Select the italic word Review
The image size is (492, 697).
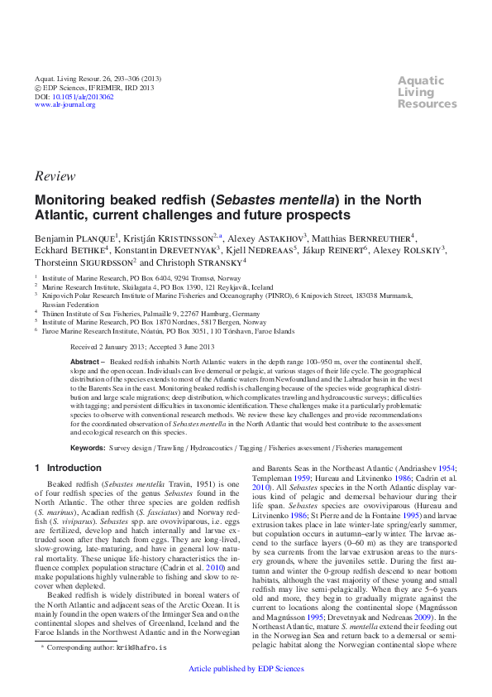point(55,176)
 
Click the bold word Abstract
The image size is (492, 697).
point(84,362)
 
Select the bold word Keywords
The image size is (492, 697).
point(88,448)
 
